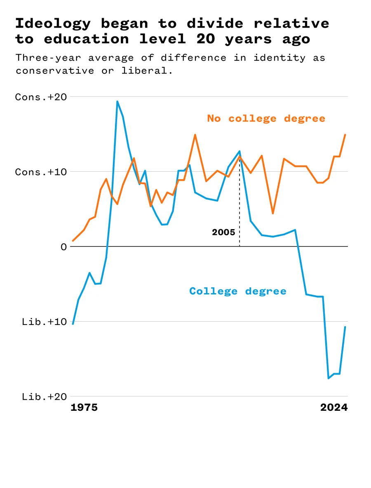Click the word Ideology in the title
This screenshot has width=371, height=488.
coord(53,23)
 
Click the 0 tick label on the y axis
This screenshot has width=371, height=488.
coord(63,247)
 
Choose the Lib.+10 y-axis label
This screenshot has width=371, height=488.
coord(44,322)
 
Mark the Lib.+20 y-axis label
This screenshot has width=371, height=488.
coord(44,397)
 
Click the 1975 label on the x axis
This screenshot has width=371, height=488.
coord(84,408)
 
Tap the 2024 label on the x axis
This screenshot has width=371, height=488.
coord(334,408)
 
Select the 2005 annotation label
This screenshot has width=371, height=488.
coord(223,232)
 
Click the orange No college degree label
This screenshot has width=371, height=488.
coord(266,118)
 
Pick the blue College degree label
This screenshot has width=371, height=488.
coord(238,291)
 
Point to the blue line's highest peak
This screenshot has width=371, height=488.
coord(117,101)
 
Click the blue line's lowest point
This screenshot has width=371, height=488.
coord(329,378)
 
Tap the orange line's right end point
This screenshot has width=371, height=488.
coord(345,135)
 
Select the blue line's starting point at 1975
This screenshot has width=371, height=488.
coord(73,324)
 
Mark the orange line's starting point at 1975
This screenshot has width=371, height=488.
coord(73,241)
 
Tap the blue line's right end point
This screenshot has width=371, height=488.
coord(345,327)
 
